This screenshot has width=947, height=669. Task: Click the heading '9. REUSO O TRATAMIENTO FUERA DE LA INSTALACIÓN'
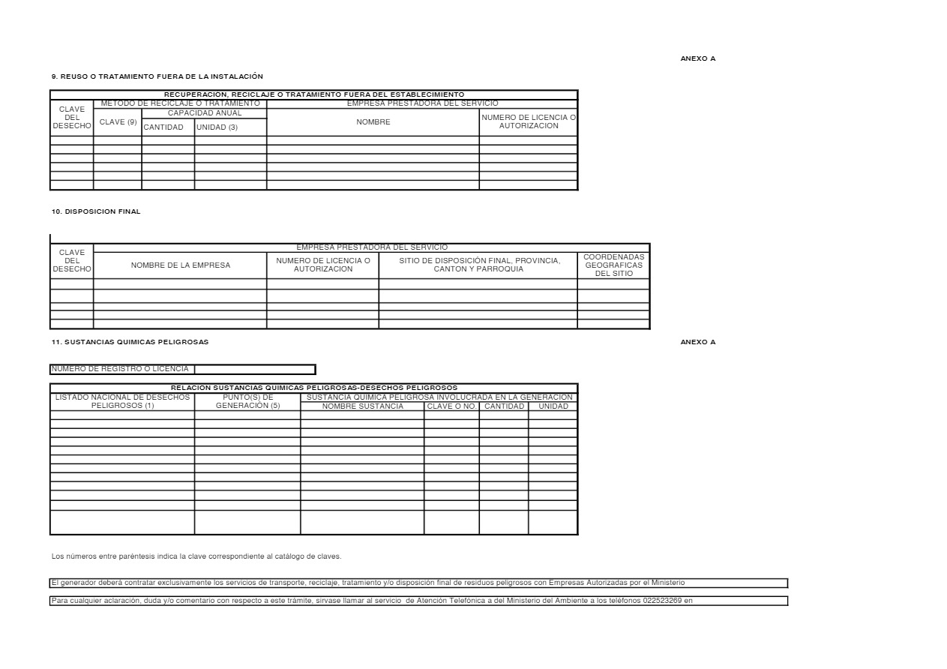point(157,76)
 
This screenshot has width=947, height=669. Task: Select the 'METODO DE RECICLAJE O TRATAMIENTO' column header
point(180,103)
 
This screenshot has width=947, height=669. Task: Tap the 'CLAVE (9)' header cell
point(118,121)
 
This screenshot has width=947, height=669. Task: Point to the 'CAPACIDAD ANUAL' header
point(205,112)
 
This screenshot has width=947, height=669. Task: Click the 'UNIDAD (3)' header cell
point(217,127)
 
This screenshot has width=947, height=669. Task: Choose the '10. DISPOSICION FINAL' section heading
point(96,211)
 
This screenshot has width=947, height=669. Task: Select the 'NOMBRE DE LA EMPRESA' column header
point(180,265)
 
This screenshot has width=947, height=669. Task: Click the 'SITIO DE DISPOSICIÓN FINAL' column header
point(478,265)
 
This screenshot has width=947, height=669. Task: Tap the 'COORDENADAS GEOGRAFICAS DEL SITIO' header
point(613,265)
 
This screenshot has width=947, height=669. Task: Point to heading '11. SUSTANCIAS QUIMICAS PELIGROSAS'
point(130,342)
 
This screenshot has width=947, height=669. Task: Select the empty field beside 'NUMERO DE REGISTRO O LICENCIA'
point(255,369)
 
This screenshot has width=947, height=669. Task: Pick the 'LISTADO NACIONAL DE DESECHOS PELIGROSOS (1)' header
point(122,401)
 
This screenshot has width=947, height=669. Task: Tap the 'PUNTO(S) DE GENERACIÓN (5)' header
point(247,401)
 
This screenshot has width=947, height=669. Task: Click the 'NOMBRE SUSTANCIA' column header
point(362,406)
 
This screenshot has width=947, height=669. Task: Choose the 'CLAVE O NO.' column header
point(451,406)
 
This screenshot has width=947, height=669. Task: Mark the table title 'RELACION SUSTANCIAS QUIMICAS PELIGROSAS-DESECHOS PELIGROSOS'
point(313,387)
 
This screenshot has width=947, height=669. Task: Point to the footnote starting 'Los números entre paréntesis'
point(196,556)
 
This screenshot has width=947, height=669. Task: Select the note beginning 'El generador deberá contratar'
point(367,583)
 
